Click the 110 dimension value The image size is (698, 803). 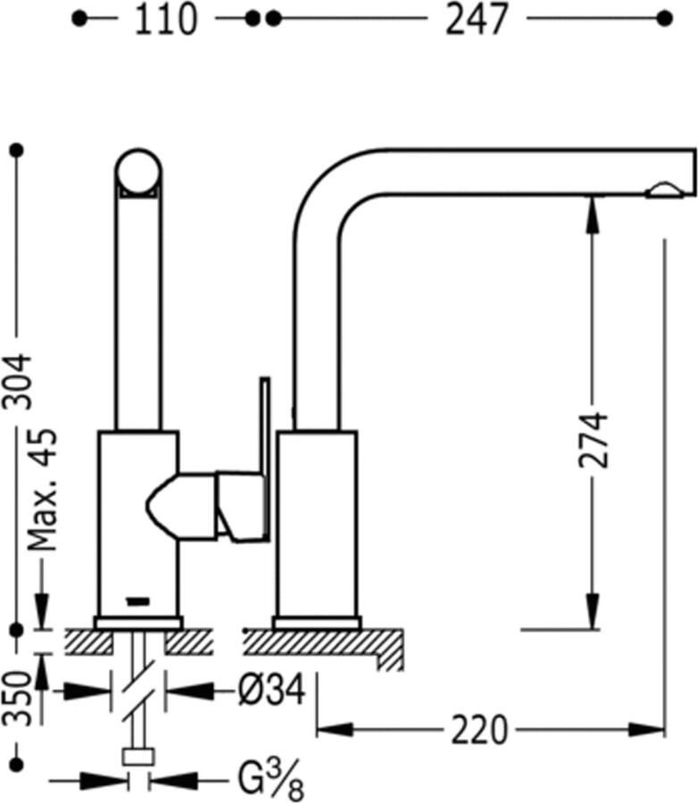pyautogui.click(x=165, y=20)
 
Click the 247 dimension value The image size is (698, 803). pyautogui.click(x=477, y=20)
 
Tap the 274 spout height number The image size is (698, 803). pyautogui.click(x=594, y=439)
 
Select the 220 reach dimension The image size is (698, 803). pyautogui.click(x=479, y=730)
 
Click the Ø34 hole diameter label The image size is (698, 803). pyautogui.click(x=272, y=690)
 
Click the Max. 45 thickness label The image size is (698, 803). pyautogui.click(x=42, y=490)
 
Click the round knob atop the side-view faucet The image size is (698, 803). pyautogui.click(x=138, y=172)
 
